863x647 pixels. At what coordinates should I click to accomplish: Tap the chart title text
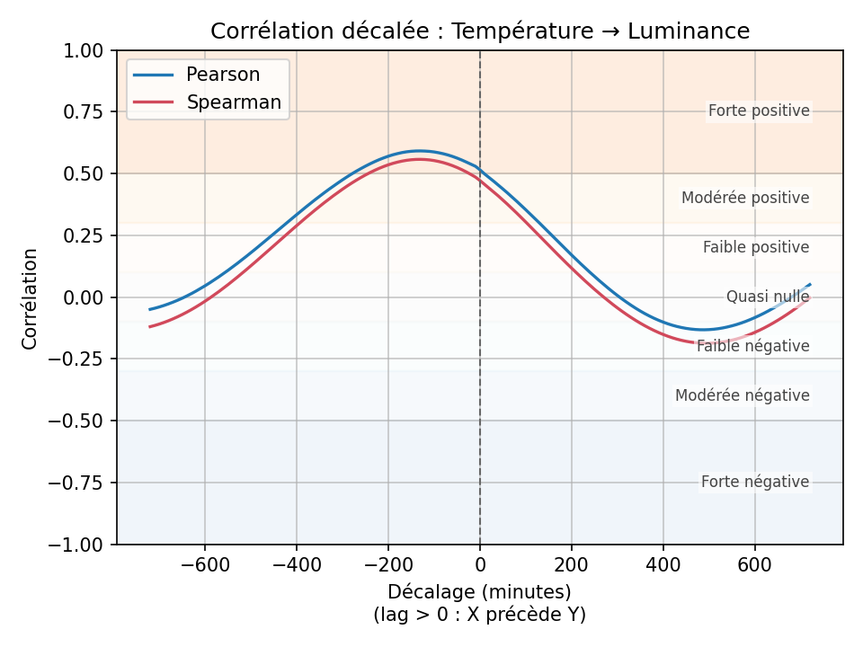[479, 31]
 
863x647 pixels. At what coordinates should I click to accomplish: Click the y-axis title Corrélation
[31, 298]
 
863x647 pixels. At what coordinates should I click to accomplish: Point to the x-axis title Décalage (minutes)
[479, 592]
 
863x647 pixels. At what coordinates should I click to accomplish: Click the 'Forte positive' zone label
[759, 111]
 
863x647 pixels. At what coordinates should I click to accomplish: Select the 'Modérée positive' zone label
[745, 198]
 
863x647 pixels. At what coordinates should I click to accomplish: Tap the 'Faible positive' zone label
[756, 247]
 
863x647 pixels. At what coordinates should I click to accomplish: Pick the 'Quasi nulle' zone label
[768, 297]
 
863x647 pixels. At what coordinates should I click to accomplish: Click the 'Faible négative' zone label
[752, 346]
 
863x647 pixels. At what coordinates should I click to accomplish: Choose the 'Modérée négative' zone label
[742, 395]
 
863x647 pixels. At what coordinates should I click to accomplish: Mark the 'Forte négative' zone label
[755, 483]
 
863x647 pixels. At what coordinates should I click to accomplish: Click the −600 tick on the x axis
[205, 565]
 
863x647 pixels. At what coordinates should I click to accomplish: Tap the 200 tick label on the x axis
[571, 565]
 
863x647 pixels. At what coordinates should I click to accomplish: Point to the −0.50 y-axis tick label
[80, 421]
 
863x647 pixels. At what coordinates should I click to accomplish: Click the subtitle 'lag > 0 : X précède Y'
[479, 616]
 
